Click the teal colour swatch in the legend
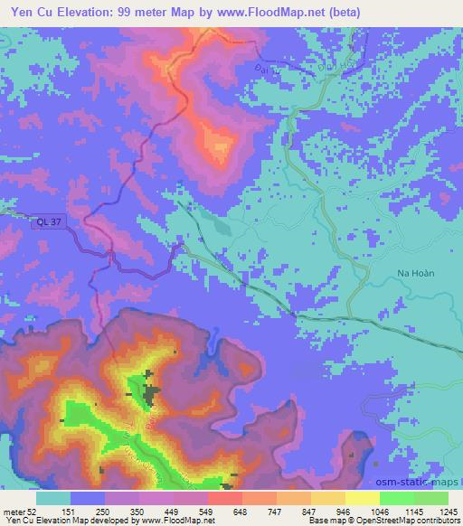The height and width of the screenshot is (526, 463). (x=52, y=498)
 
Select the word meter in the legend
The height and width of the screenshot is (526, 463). (x=14, y=512)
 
